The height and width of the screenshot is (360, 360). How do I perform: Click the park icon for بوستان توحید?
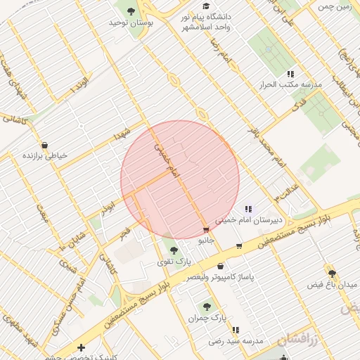(x=131, y=11)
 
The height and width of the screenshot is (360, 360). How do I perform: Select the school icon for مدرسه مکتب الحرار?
(x=290, y=74)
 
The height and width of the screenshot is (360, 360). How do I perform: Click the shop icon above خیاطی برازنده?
(x=45, y=145)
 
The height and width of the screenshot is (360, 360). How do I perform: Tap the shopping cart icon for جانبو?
(x=205, y=230)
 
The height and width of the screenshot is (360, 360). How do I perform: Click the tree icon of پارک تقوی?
(x=174, y=250)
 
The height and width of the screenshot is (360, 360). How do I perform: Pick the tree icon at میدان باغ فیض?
(x=332, y=274)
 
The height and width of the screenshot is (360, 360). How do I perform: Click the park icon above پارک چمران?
(x=207, y=307)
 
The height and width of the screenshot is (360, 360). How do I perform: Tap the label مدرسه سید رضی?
(x=235, y=341)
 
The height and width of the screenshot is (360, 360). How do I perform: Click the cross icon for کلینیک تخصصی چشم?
(x=82, y=347)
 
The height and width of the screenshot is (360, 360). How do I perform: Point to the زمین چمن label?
(x=334, y=6)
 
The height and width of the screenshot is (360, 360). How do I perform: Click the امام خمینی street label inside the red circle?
(x=167, y=161)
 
